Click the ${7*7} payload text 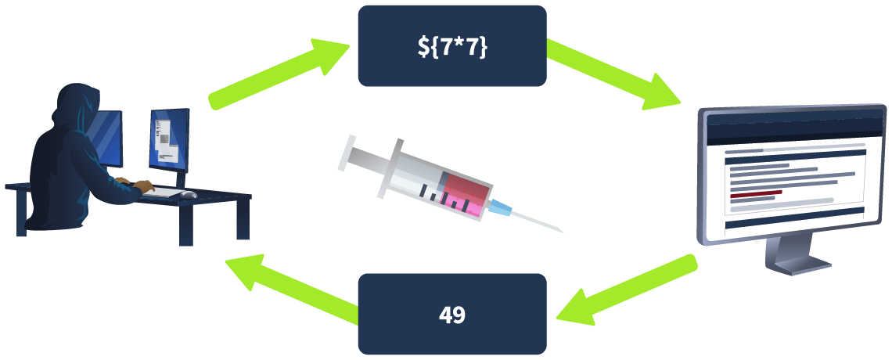pos(452,47)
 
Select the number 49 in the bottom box pos(452,315)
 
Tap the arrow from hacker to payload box pos(279,73)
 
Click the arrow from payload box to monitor pos(614,73)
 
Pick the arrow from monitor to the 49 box pos(627,290)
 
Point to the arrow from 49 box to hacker pos(293,290)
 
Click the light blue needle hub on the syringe pos(501,208)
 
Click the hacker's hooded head pos(76,103)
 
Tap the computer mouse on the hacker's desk pos(189,195)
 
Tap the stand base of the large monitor pos(802,265)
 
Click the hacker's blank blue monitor pos(108,139)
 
